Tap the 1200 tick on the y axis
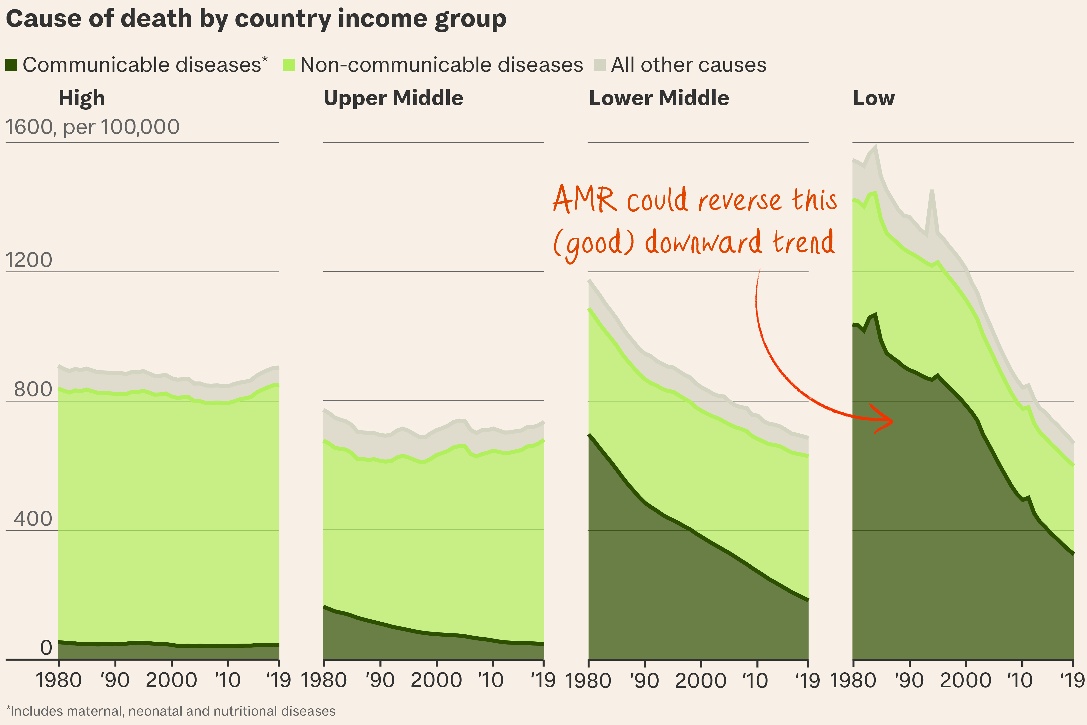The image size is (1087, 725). (29, 260)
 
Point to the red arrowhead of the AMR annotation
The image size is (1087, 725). (885, 420)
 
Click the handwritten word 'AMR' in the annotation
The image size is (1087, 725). (585, 200)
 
